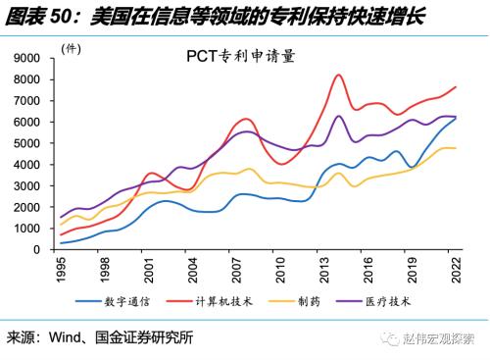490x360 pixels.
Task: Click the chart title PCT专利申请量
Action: tap(240, 56)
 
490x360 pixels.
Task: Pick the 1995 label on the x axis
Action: tap(61, 268)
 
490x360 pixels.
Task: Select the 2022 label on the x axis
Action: tap(454, 268)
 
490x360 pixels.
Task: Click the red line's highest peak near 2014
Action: tap(338, 75)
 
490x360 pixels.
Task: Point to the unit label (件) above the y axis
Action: tap(72, 47)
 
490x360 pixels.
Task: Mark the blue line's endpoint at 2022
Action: tap(455, 118)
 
